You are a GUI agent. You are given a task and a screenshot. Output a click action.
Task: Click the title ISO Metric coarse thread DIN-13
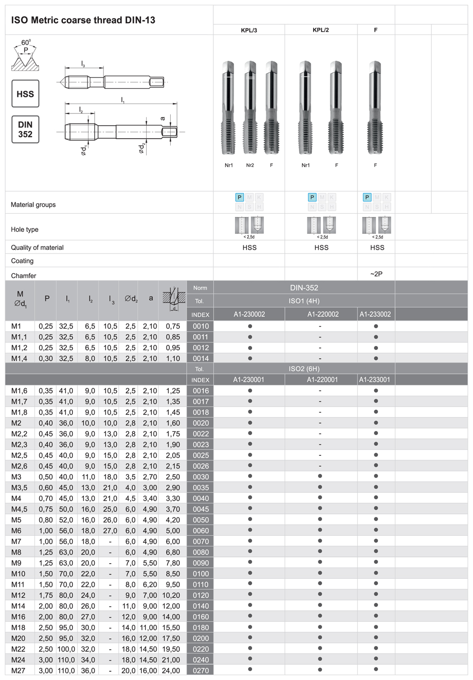[83, 20]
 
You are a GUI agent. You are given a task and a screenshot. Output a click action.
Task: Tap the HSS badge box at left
[25, 94]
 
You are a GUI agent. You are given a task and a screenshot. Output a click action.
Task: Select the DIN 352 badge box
[25, 130]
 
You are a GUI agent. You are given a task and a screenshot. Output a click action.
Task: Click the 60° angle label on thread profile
[26, 43]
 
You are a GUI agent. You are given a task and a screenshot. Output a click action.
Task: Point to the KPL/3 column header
[249, 30]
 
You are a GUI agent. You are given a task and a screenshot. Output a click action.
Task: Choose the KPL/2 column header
[321, 30]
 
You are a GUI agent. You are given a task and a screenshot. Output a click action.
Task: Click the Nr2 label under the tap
[250, 166]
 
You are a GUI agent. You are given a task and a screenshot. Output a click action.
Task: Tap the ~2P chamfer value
[376, 274]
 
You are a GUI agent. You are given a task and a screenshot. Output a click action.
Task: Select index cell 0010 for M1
[201, 326]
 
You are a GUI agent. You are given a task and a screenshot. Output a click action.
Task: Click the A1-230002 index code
[249, 314]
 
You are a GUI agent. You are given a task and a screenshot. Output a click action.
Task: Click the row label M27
[18, 671]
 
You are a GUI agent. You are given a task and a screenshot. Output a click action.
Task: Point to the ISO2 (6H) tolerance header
[304, 369]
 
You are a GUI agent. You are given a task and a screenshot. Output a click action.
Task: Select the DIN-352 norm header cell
[304, 288]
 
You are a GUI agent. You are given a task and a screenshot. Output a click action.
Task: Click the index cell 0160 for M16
[201, 617]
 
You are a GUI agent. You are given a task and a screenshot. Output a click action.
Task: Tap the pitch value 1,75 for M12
[47, 595]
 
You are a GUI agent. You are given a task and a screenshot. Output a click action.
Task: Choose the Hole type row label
[25, 229]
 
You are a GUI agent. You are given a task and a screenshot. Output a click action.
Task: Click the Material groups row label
[33, 205]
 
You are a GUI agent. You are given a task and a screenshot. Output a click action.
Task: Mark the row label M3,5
[19, 488]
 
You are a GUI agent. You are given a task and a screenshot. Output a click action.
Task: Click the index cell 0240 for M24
[201, 660]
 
